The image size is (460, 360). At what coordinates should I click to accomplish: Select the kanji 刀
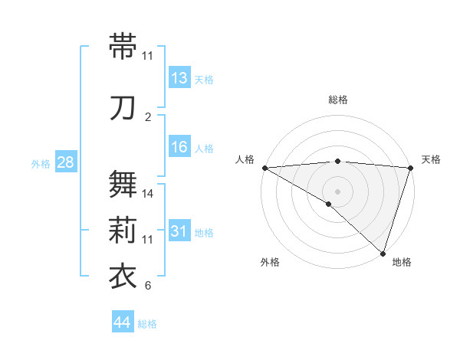point(123,108)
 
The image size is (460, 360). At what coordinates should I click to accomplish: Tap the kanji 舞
point(123,184)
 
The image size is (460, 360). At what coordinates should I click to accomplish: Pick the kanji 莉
point(123,231)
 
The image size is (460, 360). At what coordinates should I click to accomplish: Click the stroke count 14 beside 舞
point(148,194)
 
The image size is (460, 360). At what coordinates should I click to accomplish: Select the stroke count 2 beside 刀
point(148,117)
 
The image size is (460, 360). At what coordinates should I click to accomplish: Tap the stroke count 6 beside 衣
point(148,286)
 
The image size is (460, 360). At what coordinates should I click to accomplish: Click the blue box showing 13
point(179,78)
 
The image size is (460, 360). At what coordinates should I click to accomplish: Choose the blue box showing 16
point(179,148)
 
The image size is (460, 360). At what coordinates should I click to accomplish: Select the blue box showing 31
point(179,232)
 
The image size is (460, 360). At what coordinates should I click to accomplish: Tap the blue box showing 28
point(65,162)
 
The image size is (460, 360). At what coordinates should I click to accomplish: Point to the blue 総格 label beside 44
point(147,324)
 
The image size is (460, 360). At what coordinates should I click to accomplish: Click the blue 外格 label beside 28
point(40,163)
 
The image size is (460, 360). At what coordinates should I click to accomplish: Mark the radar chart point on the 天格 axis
point(410,168)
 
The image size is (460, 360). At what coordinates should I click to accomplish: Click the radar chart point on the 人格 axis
point(264,168)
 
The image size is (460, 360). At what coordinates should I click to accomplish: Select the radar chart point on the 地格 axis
point(383,253)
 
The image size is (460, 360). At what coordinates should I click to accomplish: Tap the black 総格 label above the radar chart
point(338,100)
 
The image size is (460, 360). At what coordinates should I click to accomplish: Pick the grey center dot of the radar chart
point(337,190)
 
